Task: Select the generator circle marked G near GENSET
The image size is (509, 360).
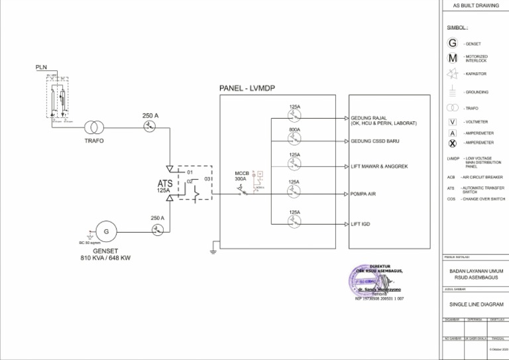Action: pyautogui.click(x=105, y=231)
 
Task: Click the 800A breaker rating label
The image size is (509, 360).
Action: pyautogui.click(x=294, y=130)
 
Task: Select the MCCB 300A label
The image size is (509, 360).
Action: pyautogui.click(x=241, y=176)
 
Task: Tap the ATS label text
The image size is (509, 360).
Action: pyautogui.click(x=165, y=183)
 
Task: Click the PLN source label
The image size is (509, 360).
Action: pyautogui.click(x=41, y=68)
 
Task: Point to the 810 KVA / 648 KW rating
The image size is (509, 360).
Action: pyautogui.click(x=105, y=257)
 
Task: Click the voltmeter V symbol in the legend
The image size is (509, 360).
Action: pyautogui.click(x=453, y=122)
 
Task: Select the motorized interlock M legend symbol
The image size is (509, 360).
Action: pyautogui.click(x=453, y=58)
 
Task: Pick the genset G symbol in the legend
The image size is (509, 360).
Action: pyautogui.click(x=453, y=43)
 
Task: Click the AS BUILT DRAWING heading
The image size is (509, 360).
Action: pyautogui.click(x=475, y=5)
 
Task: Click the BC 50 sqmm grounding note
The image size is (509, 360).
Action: pyautogui.click(x=88, y=242)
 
